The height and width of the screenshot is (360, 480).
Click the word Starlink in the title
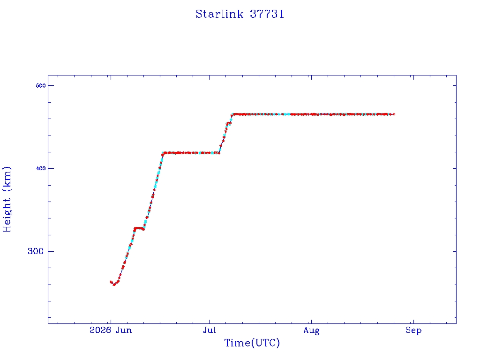(219, 14)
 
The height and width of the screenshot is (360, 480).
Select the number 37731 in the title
(267, 14)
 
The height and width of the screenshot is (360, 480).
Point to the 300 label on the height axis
(36, 251)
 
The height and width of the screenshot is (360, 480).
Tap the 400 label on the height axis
(41, 168)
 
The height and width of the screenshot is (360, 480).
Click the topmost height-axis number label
(41, 85)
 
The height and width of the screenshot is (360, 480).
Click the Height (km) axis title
(7, 199)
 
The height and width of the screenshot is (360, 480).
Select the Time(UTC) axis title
(252, 343)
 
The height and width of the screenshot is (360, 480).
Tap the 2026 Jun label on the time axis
(111, 330)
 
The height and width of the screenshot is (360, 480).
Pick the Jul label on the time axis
(210, 330)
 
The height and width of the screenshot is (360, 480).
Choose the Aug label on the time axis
(311, 330)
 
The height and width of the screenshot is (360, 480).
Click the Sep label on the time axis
(413, 330)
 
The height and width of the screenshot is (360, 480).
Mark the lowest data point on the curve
(114, 285)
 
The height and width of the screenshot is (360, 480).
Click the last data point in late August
(394, 114)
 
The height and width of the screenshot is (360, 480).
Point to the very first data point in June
(111, 282)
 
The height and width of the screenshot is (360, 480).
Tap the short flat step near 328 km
(139, 228)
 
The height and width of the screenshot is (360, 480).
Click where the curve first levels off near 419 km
(164, 153)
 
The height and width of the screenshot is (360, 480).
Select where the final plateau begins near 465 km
(232, 114)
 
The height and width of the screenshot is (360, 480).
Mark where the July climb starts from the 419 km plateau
(219, 153)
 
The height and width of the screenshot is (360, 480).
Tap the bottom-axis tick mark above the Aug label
(311, 322)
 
